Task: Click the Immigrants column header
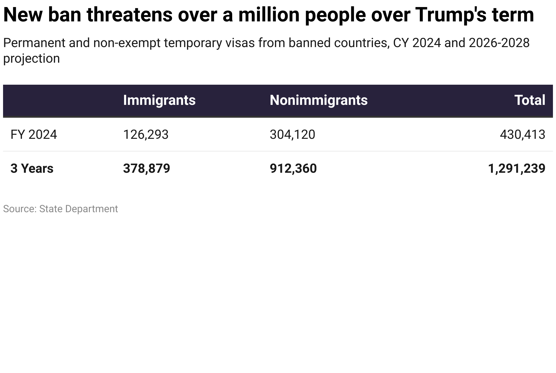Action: pos(159,100)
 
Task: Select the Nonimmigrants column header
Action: pos(318,100)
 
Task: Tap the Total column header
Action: pos(529,100)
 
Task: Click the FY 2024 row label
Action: pos(34,135)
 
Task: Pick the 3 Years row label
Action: pos(32,168)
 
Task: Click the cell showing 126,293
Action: pos(145,135)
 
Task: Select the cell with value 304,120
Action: pos(292,135)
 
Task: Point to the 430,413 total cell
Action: pos(522,135)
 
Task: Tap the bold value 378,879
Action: pos(146,168)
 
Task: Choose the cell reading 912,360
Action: pos(293,168)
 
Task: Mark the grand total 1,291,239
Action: pos(516,168)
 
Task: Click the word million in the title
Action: pos(269,15)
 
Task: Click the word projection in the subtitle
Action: pos(31,59)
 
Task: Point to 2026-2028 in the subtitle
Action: pos(499,43)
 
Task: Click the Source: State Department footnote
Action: pos(60,209)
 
